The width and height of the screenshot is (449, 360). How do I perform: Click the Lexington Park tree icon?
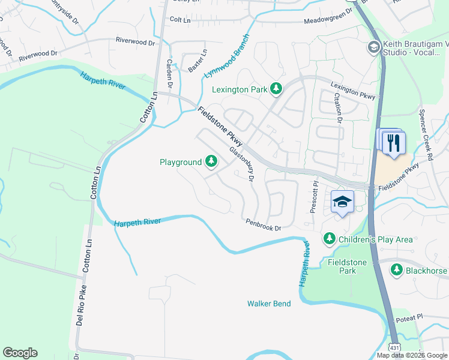tap(276, 89)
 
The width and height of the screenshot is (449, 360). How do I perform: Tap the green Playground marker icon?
tap(211, 161)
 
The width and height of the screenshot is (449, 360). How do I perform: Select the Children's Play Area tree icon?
tap(329, 239)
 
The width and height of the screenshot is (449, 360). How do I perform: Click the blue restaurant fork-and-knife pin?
tap(394, 143)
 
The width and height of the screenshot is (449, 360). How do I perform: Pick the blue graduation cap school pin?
tap(342, 203)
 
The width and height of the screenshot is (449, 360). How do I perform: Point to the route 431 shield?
tap(394, 347)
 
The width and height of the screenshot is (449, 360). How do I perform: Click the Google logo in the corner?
tap(20, 353)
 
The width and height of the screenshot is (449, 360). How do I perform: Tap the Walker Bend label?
tap(269, 304)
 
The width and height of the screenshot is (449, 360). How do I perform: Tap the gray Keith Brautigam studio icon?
tap(373, 47)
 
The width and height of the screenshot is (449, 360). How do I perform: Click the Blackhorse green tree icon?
tap(396, 271)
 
